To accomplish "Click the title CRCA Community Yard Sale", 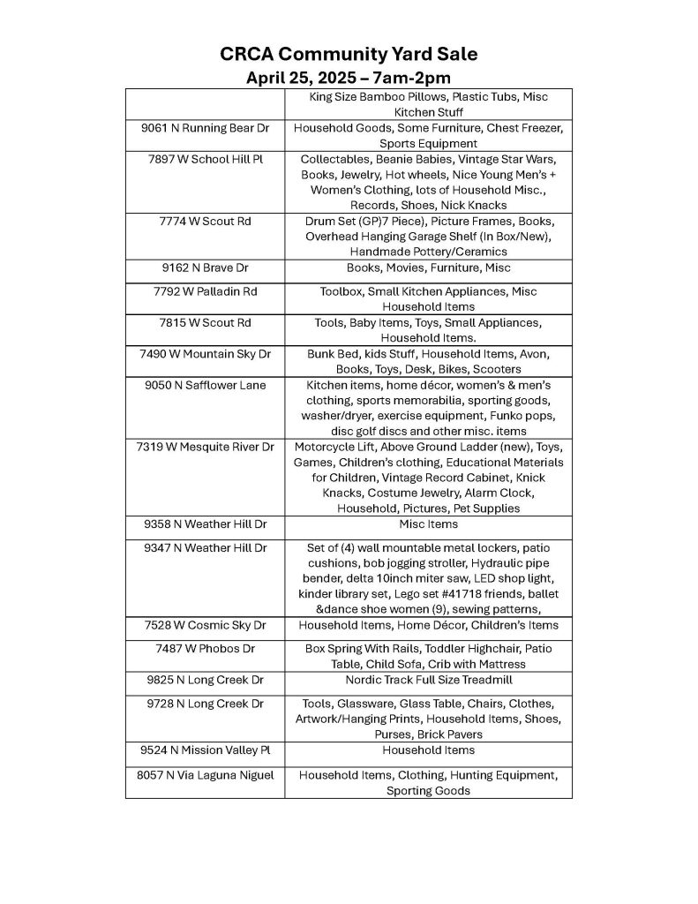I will coord(349,55).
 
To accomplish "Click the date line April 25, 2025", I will coord(349,78).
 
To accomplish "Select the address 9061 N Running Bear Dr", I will coord(205,128).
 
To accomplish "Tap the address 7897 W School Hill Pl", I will coord(205,159).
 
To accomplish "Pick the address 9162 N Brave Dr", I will coord(205,267).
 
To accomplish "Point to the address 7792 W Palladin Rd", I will coord(205,291).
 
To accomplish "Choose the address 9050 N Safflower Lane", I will coord(205,385).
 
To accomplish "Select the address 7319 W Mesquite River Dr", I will coord(205,447).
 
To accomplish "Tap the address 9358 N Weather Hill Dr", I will coord(205,524).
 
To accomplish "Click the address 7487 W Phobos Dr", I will coord(205,649).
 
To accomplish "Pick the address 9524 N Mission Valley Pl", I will coord(205,750).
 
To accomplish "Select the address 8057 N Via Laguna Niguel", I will coord(205,775).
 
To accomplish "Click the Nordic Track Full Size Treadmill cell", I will coord(428,681).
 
